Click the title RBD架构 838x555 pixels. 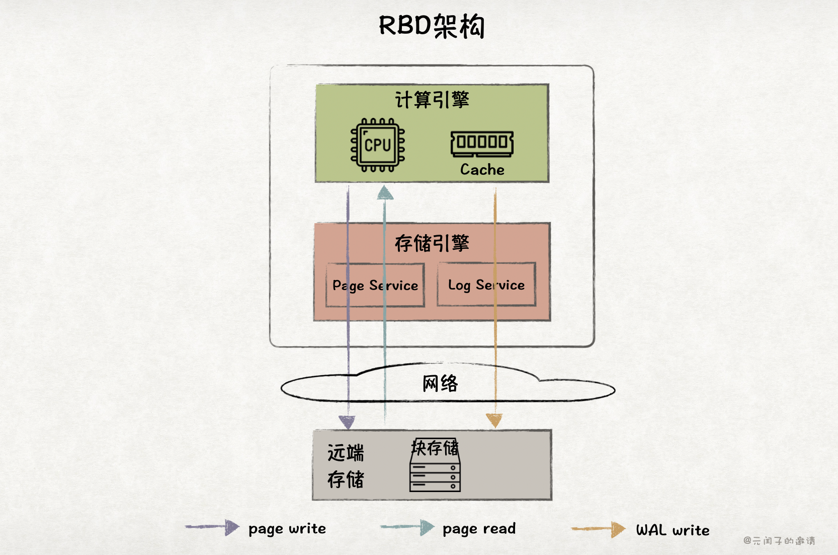tap(432, 26)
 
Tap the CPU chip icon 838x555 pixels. tap(378, 145)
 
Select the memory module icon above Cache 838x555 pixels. tap(482, 143)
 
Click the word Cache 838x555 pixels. tap(482, 170)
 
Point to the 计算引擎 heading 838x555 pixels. tap(432, 100)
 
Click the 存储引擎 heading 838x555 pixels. tap(432, 243)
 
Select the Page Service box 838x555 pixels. tap(375, 285)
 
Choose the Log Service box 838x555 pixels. tap(486, 285)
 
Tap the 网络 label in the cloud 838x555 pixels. tap(440, 384)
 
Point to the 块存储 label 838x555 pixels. tap(435, 448)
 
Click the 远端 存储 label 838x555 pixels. tap(346, 466)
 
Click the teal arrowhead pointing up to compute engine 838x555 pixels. tap(385, 193)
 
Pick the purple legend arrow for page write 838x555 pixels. tap(212, 527)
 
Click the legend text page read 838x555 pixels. tap(479, 529)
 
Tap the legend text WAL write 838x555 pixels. tap(673, 530)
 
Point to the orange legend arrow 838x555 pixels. tap(599, 529)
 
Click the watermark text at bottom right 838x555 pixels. tap(779, 541)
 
